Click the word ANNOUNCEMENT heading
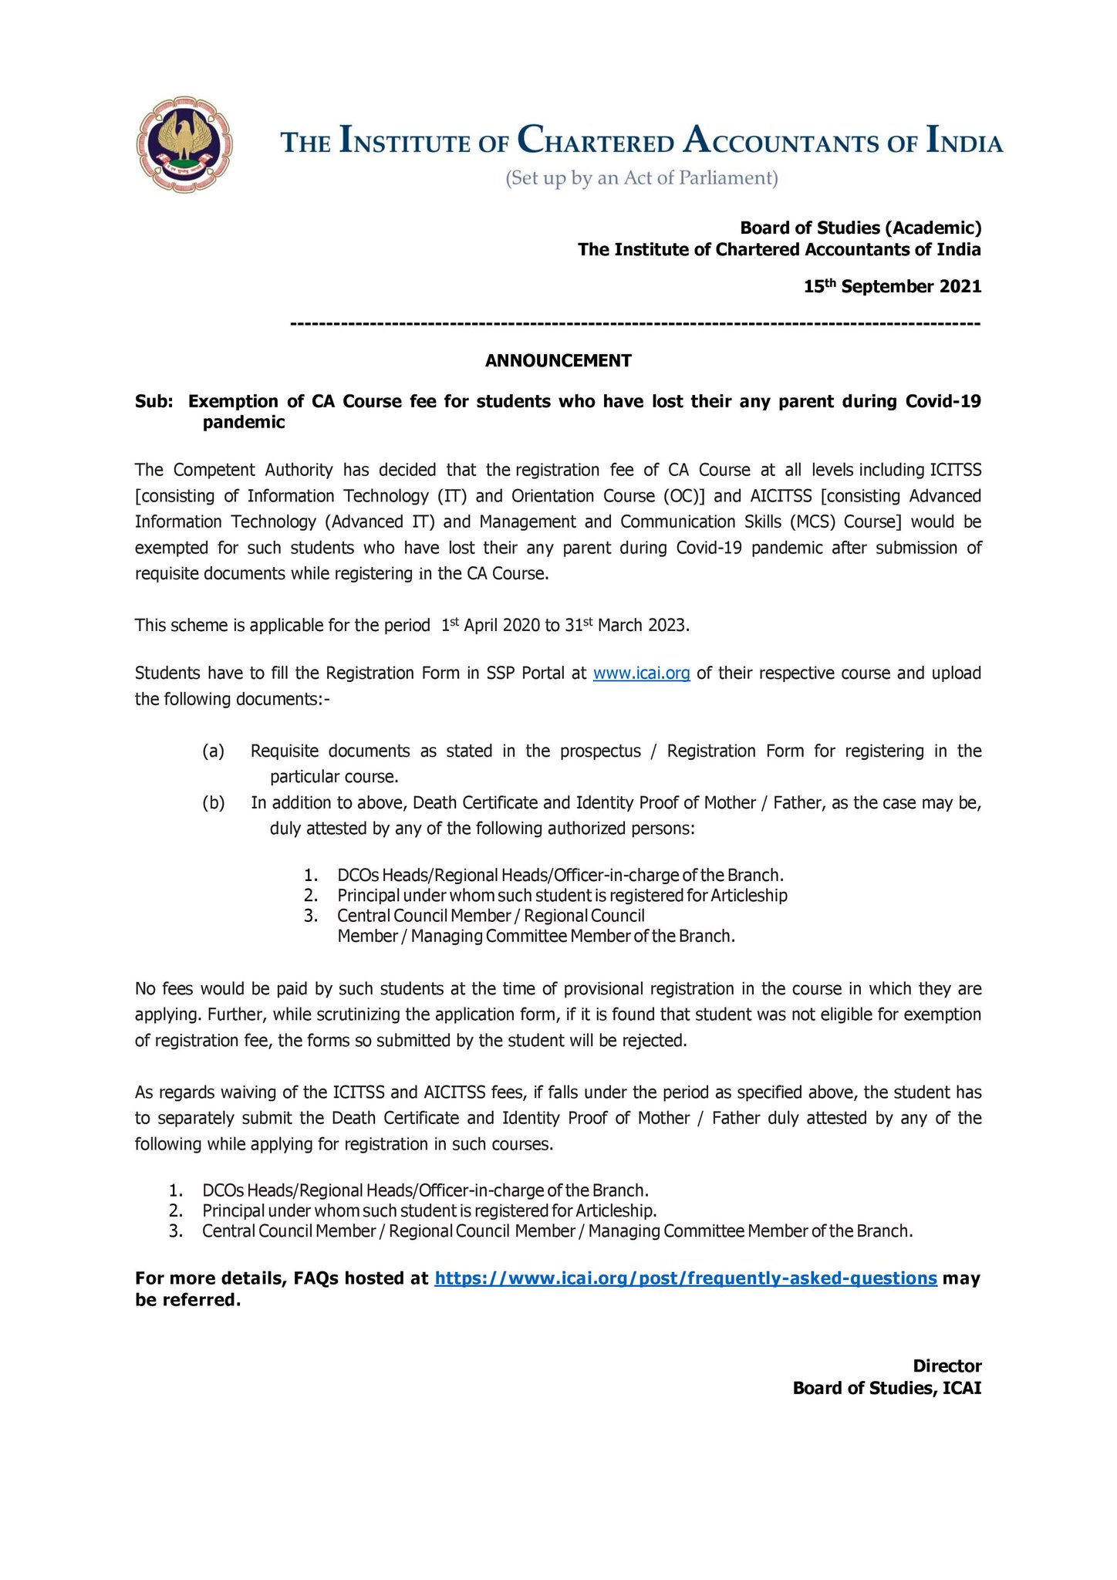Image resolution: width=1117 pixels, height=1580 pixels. [x=558, y=360]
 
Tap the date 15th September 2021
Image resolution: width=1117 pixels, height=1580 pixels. [x=893, y=286]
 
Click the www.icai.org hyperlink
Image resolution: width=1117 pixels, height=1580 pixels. [x=641, y=673]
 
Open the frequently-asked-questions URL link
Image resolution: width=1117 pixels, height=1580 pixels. [x=686, y=1278]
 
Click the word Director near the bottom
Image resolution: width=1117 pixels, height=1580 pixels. [x=947, y=1366]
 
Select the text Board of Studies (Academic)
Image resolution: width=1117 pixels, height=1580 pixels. [x=860, y=228]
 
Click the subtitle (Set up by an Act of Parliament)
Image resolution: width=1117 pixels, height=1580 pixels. [x=641, y=179]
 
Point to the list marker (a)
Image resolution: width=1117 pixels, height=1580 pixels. [x=214, y=751]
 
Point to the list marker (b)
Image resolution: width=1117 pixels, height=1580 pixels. [x=214, y=802]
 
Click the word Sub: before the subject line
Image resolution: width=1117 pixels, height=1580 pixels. [x=155, y=401]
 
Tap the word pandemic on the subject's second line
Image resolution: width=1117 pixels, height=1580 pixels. [x=244, y=422]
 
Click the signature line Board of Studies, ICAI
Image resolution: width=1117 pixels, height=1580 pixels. [x=887, y=1388]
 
